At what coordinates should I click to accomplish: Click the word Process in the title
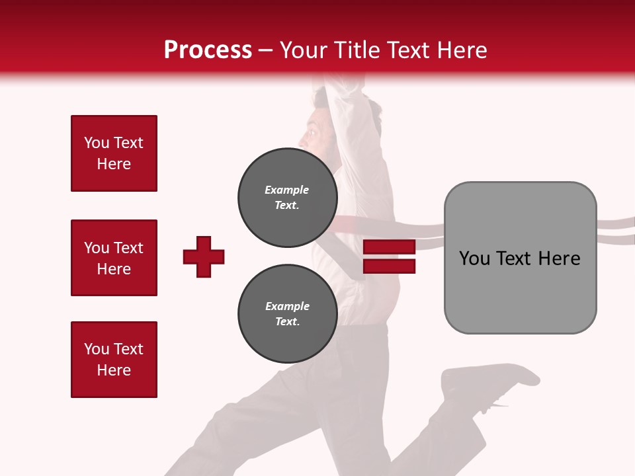(x=208, y=50)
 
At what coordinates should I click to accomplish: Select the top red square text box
(x=114, y=153)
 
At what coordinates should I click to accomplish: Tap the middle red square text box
(x=114, y=258)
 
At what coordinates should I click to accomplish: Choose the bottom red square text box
(x=114, y=359)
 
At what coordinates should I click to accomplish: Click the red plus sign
(x=204, y=257)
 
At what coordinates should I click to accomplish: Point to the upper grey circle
(x=287, y=198)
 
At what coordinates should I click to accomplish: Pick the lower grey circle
(x=287, y=314)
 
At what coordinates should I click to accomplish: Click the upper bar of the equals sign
(x=389, y=247)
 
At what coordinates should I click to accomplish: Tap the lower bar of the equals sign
(x=389, y=266)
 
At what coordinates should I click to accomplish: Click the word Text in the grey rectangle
(x=523, y=258)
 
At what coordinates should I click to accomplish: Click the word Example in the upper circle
(x=286, y=190)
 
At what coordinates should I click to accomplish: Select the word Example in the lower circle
(x=287, y=306)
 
